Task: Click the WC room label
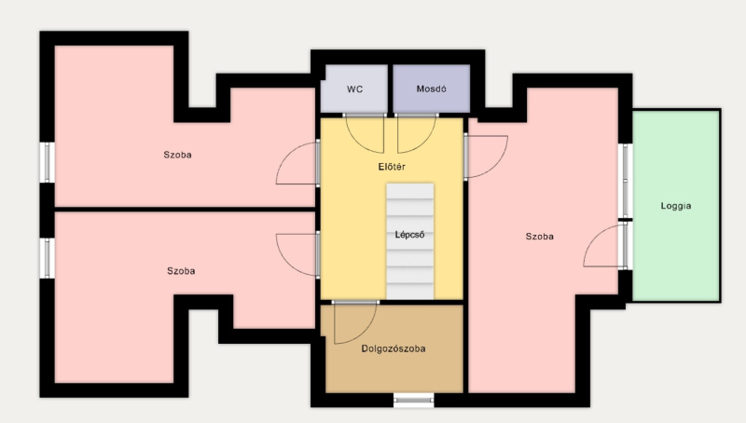coord(354,89)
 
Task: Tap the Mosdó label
coord(431,89)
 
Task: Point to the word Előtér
coord(392,167)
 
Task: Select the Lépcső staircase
coord(409,241)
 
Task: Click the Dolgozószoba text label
coord(394,348)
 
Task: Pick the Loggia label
coord(676,206)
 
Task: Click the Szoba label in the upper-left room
coord(177,155)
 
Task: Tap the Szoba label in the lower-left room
coord(181,271)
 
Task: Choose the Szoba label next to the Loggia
coord(540,237)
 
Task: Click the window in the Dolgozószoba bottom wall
coord(413,401)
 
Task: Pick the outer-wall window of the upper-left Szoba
coord(48,162)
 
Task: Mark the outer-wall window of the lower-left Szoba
coord(48,258)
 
